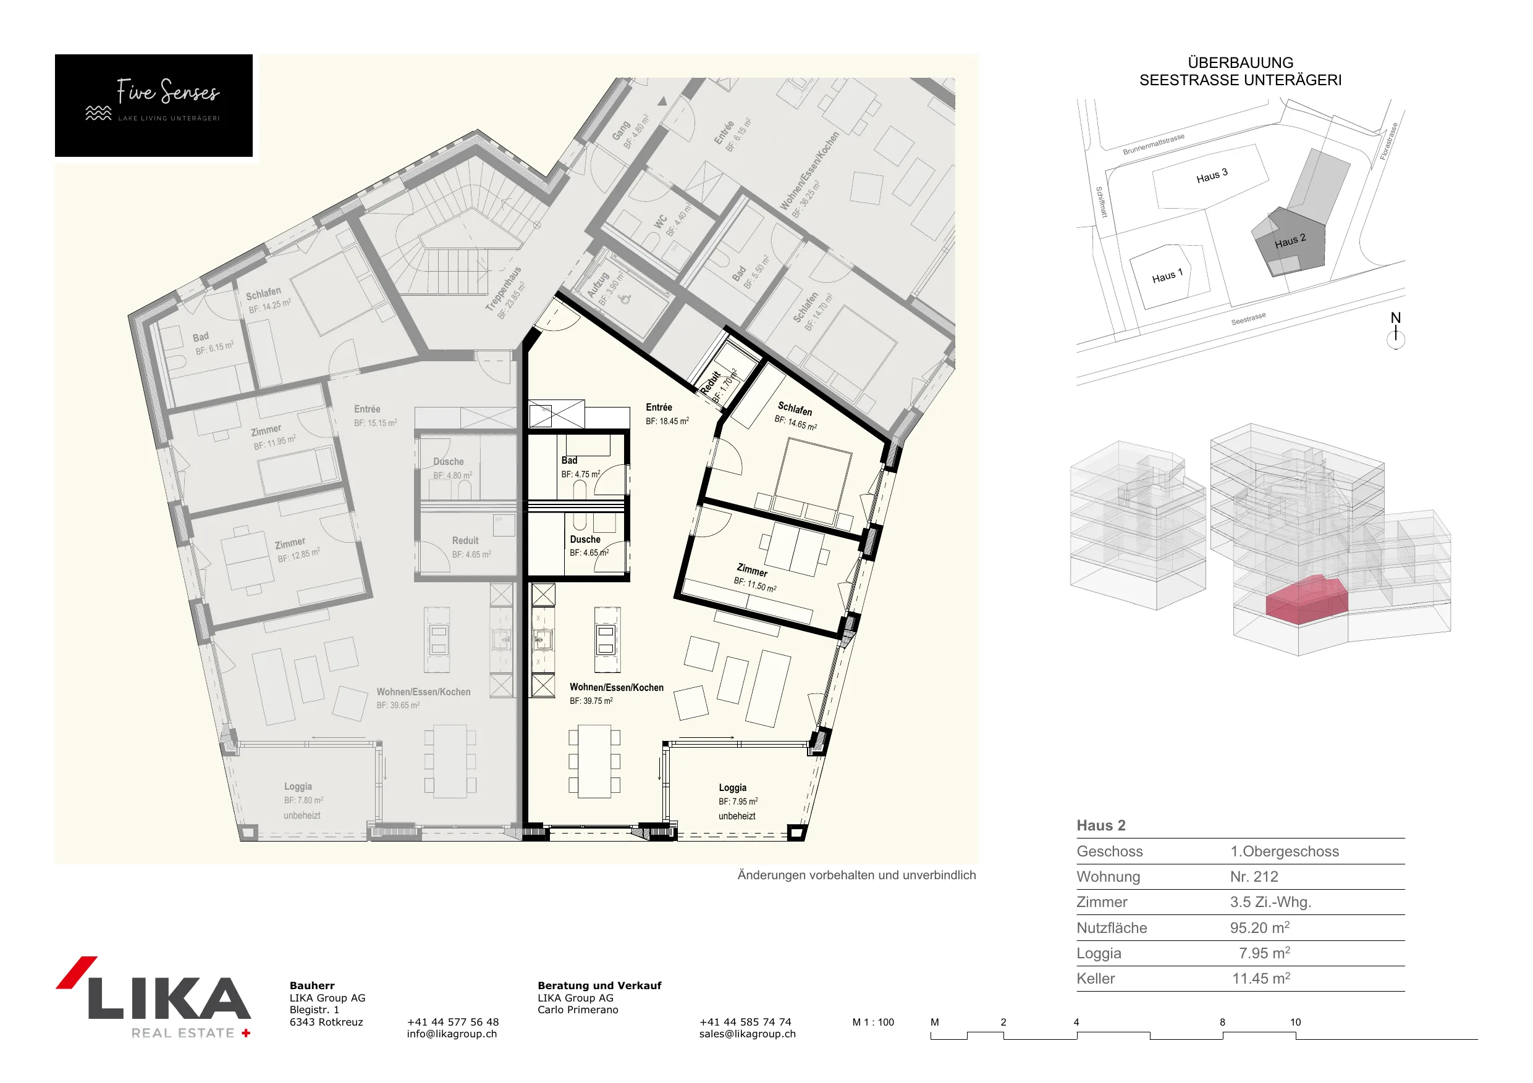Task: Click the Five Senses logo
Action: (154, 106)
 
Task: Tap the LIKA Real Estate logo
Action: (154, 998)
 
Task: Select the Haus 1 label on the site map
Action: (1167, 275)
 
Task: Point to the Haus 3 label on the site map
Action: (1212, 176)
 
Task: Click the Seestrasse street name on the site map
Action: (1248, 319)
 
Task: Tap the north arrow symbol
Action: (1395, 331)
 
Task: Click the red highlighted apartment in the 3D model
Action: (1307, 599)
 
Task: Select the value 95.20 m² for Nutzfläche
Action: (1260, 927)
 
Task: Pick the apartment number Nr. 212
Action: (1254, 876)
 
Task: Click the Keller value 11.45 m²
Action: (1261, 978)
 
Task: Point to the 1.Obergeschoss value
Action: (1285, 851)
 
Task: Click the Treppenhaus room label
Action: (504, 289)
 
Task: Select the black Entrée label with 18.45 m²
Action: (667, 414)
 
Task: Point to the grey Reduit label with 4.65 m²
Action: (471, 547)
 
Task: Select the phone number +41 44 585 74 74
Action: (745, 1022)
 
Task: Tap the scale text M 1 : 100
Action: (872, 1022)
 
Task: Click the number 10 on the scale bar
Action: (1295, 1022)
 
